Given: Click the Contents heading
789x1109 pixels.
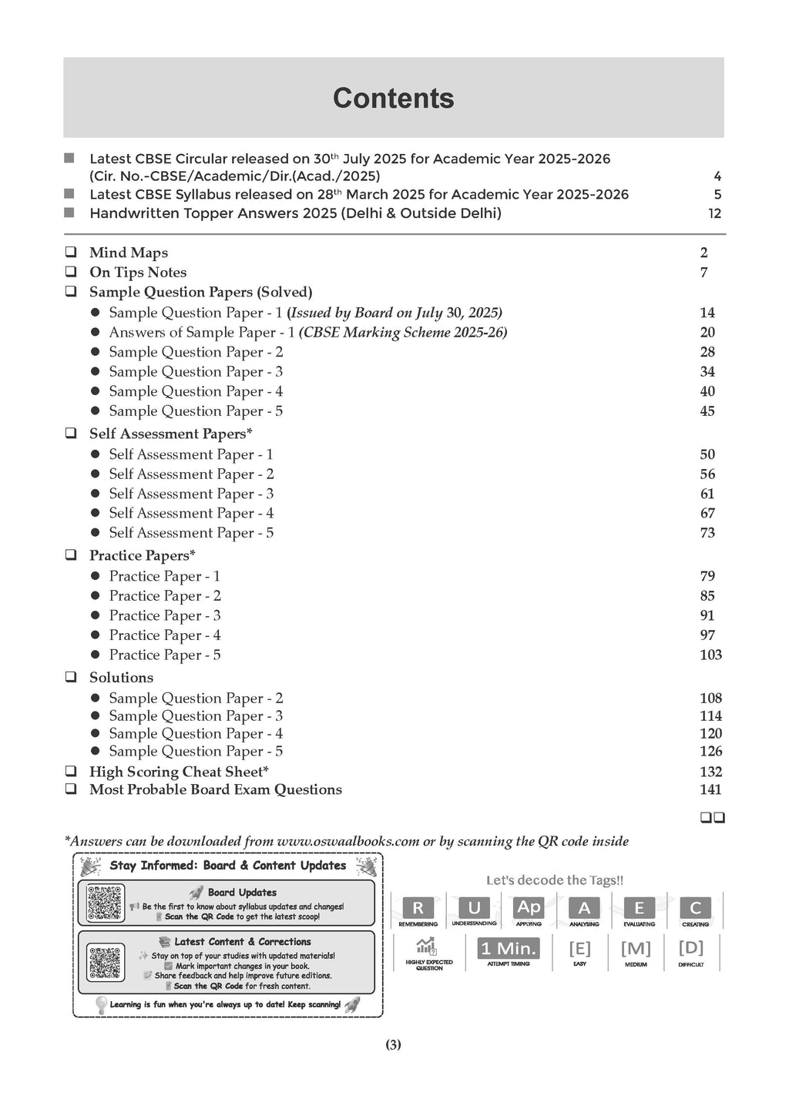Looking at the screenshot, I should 393,99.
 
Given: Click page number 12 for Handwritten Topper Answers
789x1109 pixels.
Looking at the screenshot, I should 714,213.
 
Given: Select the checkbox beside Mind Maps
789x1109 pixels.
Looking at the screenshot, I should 71,252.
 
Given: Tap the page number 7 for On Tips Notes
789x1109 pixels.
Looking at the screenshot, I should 703,272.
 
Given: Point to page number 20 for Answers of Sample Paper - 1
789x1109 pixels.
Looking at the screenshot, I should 707,332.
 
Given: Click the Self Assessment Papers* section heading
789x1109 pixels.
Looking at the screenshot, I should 170,434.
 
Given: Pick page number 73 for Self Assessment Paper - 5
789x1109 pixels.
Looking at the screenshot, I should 707,532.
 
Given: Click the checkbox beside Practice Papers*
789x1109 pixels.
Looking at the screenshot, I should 71,555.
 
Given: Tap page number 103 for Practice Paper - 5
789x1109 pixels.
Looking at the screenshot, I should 710,655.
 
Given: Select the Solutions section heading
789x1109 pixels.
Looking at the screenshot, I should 121,678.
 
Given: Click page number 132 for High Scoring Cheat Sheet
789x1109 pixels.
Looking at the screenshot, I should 710,772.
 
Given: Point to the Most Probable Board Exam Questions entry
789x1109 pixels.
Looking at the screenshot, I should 215,789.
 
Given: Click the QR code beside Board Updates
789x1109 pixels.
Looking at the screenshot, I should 105,903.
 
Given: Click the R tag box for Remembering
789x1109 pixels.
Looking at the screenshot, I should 418,908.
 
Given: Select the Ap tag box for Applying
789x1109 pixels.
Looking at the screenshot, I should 529,907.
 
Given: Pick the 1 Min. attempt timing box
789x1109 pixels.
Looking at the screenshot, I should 509,949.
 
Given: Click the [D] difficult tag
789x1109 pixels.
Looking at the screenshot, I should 690,948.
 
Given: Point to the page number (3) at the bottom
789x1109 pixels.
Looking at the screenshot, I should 393,1045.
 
